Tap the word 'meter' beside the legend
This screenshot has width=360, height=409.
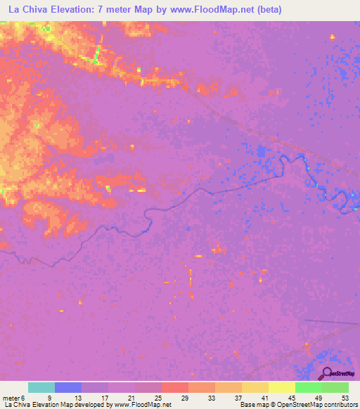click(x=11, y=397)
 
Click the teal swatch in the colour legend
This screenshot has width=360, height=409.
click(x=41, y=387)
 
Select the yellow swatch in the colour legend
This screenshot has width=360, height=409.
click(x=282, y=387)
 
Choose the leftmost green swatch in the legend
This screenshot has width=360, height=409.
click(x=309, y=387)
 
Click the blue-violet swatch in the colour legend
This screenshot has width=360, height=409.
click(x=68, y=387)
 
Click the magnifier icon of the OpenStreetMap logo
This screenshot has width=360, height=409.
click(x=327, y=373)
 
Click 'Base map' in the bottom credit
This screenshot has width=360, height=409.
click(x=252, y=405)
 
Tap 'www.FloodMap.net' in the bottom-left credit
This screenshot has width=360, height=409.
click(x=137, y=405)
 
